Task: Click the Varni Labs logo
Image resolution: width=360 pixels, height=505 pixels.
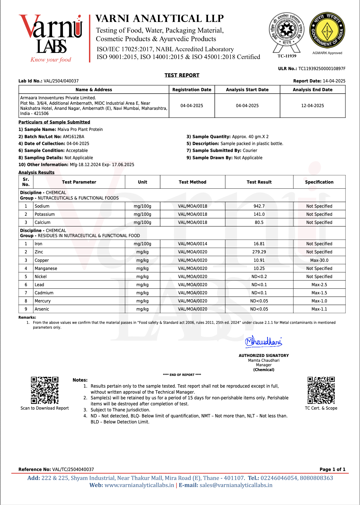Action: pos(51,38)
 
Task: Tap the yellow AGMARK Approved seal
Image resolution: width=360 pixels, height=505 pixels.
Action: pos(327,30)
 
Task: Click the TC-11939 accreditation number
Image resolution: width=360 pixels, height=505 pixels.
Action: pos(287,56)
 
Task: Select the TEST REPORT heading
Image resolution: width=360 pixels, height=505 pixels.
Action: pos(182,75)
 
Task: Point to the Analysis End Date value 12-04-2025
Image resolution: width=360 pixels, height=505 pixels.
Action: pos(312,106)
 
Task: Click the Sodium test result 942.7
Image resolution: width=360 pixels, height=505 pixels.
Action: pos(259,206)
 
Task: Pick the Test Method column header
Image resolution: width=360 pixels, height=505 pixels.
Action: pos(192,182)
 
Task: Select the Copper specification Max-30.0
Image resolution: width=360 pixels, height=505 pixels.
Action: pos(319,260)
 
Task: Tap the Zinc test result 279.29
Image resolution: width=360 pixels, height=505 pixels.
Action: pos(259,252)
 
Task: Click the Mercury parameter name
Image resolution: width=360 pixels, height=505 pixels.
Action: pos(42,301)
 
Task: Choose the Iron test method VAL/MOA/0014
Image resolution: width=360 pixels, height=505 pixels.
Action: pos(192,244)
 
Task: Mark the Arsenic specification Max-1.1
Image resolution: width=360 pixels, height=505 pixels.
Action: pos(319,309)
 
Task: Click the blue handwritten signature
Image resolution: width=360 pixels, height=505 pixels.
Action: pos(263,341)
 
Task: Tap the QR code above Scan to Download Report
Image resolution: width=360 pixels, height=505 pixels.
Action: pos(45,390)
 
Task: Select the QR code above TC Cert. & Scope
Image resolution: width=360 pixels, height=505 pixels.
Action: pos(321,390)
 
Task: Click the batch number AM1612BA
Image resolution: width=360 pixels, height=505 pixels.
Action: pos(73,137)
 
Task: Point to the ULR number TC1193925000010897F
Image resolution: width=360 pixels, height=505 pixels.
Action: pos(321,69)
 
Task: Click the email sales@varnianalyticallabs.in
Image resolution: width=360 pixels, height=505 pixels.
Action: pos(236,485)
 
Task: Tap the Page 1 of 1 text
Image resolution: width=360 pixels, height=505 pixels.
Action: pos(332,469)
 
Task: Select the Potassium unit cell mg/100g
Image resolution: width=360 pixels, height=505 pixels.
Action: pos(142,214)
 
